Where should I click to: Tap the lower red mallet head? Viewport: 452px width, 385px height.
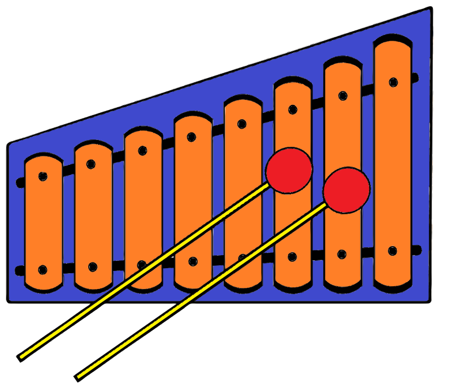point(347,190)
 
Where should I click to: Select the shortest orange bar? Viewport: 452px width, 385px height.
point(44,223)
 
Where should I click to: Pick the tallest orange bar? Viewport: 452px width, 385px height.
point(392,164)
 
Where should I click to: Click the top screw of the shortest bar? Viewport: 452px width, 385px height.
point(43,176)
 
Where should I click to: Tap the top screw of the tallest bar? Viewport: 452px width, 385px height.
point(393,82)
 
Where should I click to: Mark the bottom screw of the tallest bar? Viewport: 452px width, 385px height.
point(393,250)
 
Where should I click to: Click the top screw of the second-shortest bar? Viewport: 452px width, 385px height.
point(91,164)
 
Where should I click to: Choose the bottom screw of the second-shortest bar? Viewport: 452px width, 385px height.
point(93,266)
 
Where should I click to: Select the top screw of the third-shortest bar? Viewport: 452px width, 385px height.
point(142,150)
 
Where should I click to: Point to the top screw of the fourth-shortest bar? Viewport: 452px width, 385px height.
point(192,137)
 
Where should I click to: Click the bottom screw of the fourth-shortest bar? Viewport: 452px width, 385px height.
point(193,261)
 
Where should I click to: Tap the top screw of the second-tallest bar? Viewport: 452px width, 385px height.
point(343,95)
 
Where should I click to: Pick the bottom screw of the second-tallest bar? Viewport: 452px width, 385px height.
point(342,254)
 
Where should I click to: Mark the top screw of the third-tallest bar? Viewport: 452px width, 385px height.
point(293,110)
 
